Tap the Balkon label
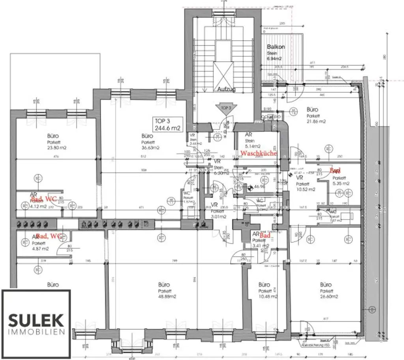click(276, 47)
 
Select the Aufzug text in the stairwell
click(226, 90)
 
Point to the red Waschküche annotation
click(259, 153)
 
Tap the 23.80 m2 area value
click(54, 148)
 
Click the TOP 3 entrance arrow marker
click(226, 108)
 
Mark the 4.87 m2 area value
click(40, 249)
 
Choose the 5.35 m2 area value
click(340, 184)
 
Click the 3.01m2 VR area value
click(218, 217)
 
